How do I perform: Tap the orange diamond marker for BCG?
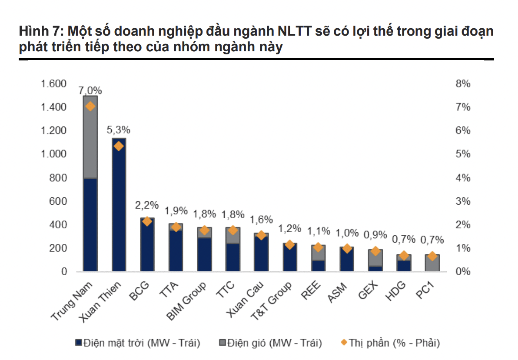147,221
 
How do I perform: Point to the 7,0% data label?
90,91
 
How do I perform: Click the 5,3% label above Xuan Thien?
119,130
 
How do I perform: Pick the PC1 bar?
432,263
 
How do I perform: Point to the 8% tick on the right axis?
463,84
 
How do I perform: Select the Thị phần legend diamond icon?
343,343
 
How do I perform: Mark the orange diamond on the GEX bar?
375,251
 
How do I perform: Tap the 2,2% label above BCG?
147,205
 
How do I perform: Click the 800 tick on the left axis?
57,178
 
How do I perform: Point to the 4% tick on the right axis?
463,178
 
